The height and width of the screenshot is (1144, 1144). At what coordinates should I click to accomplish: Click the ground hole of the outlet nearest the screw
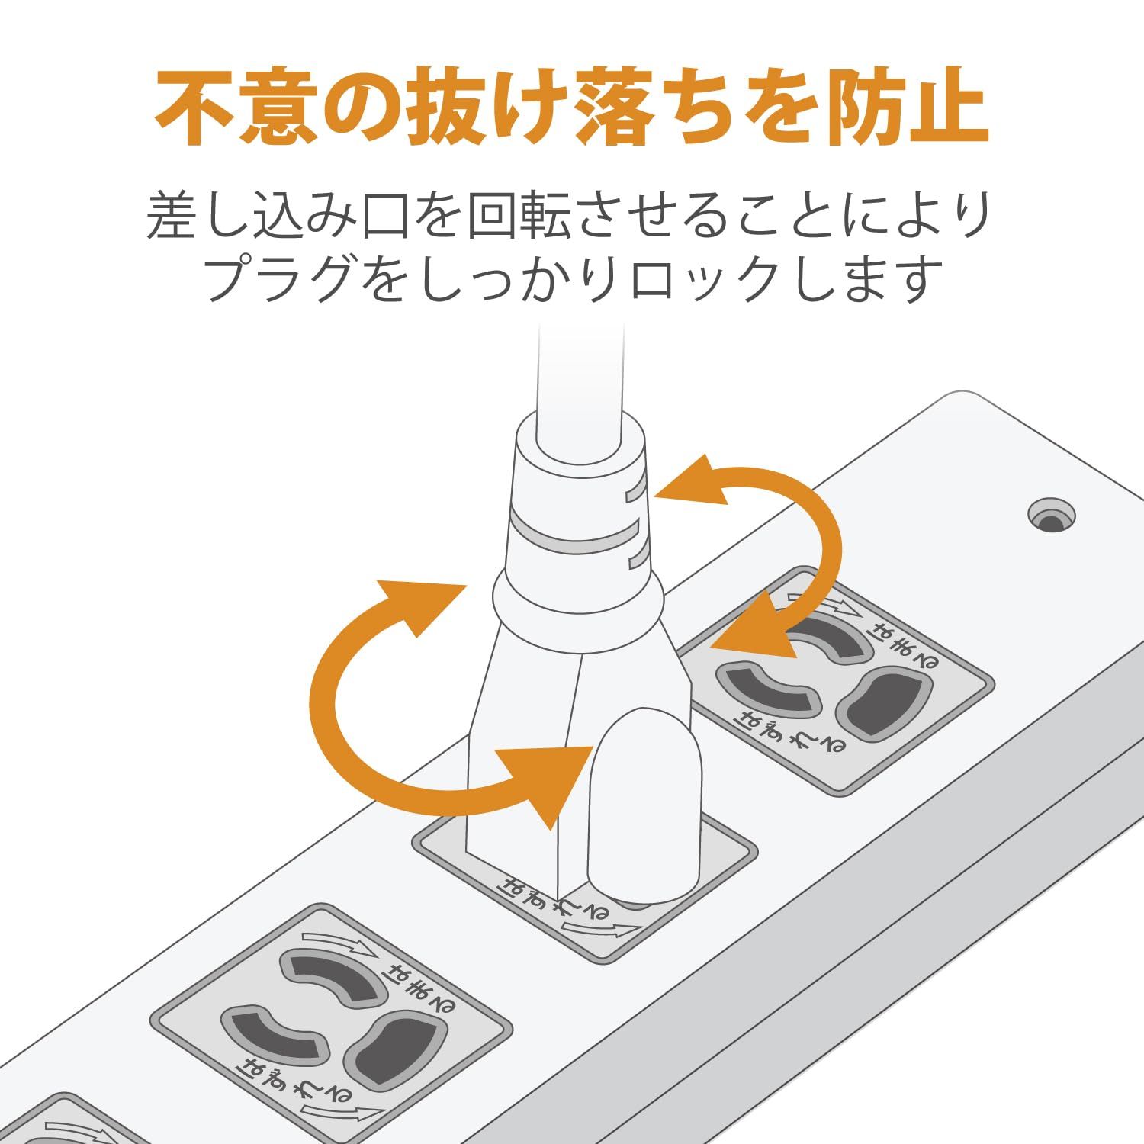coord(885,702)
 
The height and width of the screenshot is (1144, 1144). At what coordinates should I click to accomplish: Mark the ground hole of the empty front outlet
coord(394,1049)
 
